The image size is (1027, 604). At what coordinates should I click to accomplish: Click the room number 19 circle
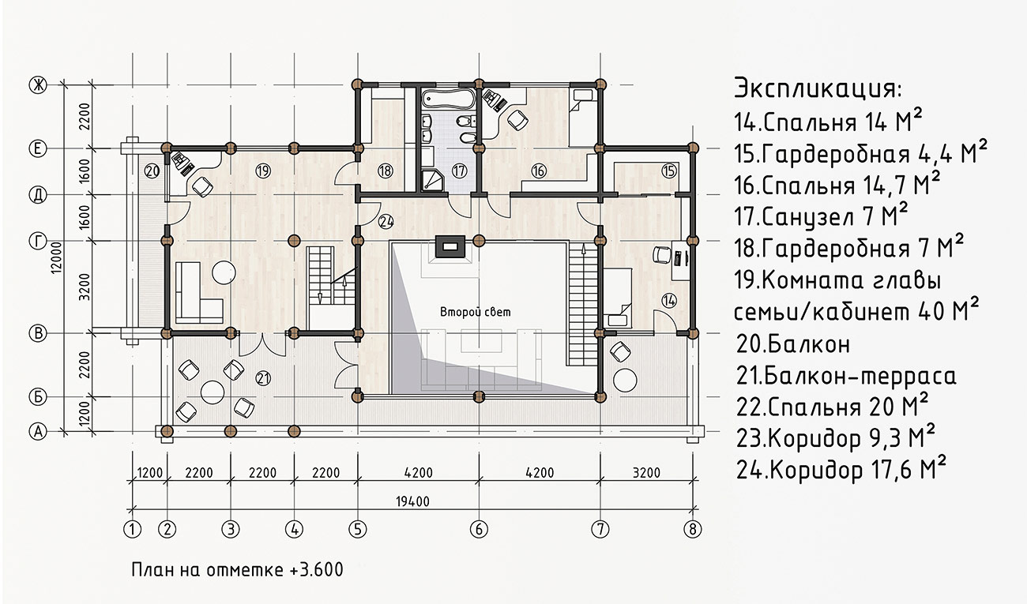coord(263,171)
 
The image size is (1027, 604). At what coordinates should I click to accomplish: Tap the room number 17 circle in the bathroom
coord(459,171)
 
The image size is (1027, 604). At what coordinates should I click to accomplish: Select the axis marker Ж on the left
coord(38,84)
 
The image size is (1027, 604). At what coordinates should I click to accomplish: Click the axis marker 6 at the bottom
coord(479,529)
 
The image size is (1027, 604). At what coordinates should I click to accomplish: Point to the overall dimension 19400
coord(412,502)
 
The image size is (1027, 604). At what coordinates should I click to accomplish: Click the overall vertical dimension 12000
coord(56,258)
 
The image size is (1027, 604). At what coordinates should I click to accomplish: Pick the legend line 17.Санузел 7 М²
coord(821,216)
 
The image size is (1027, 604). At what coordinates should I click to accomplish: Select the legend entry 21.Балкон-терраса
coord(846,376)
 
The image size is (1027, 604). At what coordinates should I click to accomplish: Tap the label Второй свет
coord(476,312)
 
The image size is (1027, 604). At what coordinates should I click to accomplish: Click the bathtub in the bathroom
coord(447,99)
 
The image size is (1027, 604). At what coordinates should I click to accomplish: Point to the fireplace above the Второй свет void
coord(450,247)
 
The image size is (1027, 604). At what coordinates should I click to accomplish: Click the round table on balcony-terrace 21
coord(213,392)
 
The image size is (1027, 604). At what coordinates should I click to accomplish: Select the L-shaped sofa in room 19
coord(199,292)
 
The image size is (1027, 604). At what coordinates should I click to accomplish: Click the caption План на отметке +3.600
coord(238,570)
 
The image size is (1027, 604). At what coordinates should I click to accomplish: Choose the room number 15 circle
coord(669,171)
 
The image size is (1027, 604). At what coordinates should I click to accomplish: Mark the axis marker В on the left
coord(38,333)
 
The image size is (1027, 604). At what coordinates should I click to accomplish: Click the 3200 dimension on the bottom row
coord(646,472)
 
